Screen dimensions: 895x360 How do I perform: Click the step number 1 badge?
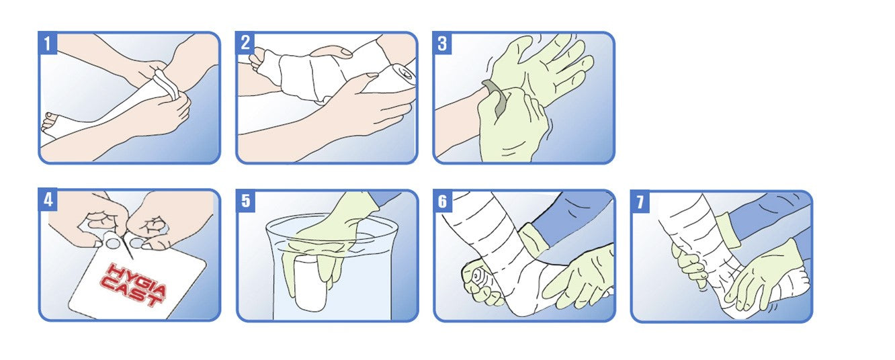pyautogui.click(x=48, y=43)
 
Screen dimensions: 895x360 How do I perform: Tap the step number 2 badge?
pyautogui.click(x=245, y=43)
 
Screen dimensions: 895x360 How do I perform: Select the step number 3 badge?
pyautogui.click(x=442, y=43)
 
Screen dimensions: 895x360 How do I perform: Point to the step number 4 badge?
pyautogui.click(x=48, y=199)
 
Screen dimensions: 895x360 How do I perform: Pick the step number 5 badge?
pyautogui.click(x=245, y=200)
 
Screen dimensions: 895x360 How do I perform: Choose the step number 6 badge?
pyautogui.click(x=443, y=201)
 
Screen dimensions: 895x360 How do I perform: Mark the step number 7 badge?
pyautogui.click(x=640, y=201)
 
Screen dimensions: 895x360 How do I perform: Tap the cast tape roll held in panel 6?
pyautogui.click(x=477, y=277)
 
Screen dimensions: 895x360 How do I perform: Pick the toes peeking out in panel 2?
pyautogui.click(x=258, y=58)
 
